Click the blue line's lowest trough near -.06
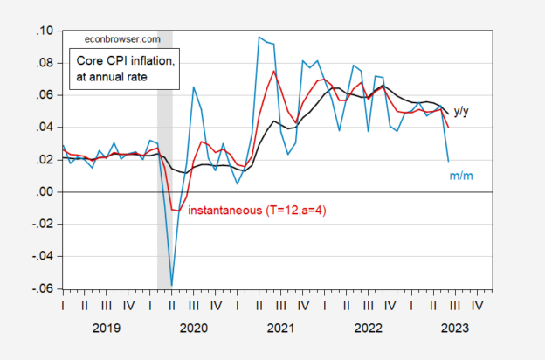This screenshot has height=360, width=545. [172, 284]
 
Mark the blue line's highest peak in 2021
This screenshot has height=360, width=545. [259, 38]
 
